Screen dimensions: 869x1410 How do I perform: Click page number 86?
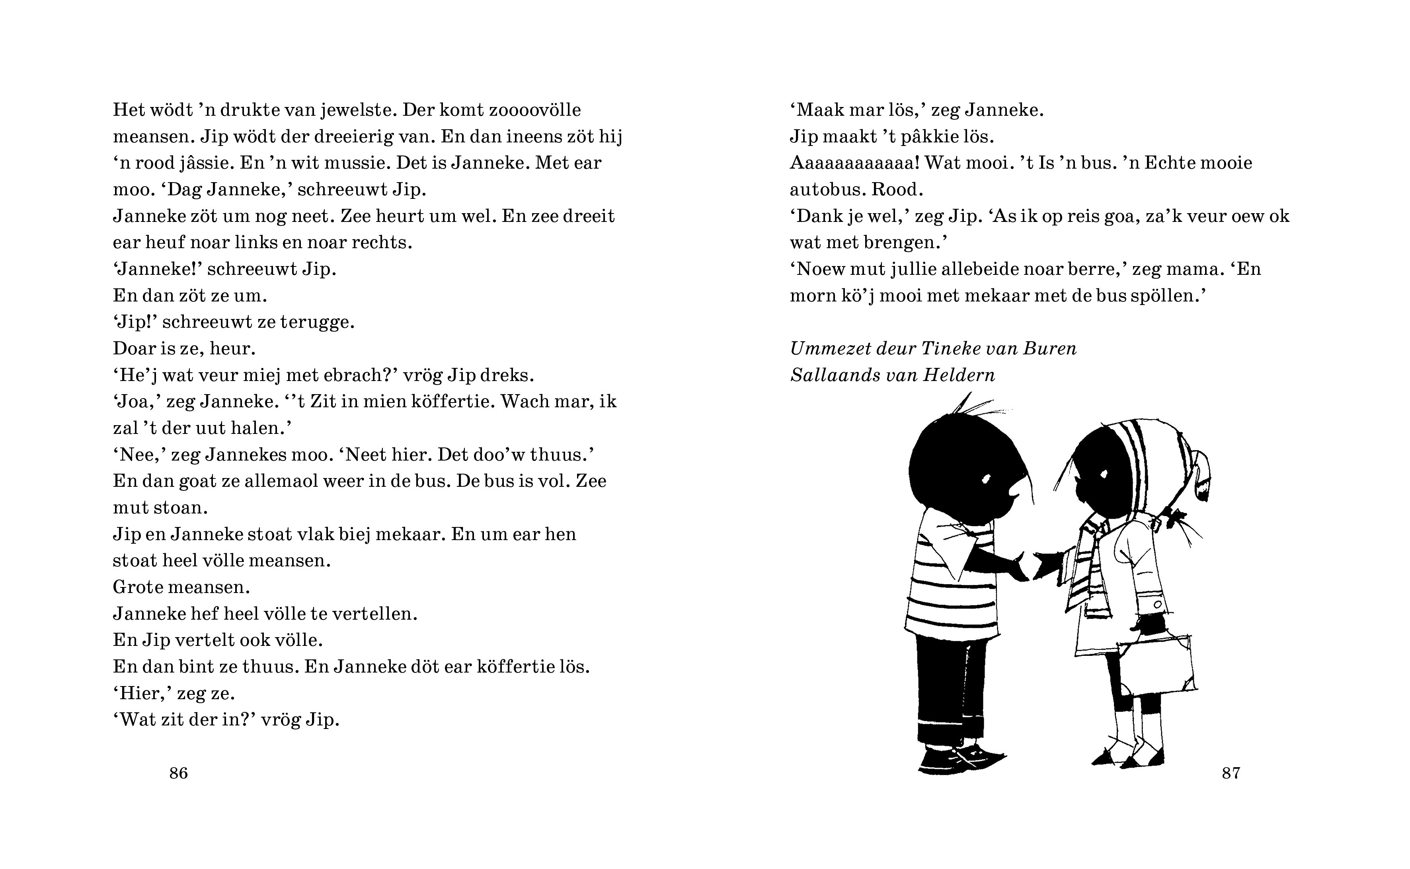[x=178, y=773]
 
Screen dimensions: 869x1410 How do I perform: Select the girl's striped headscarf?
[x=1167, y=454]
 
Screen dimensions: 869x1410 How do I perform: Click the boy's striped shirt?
[x=949, y=592]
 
